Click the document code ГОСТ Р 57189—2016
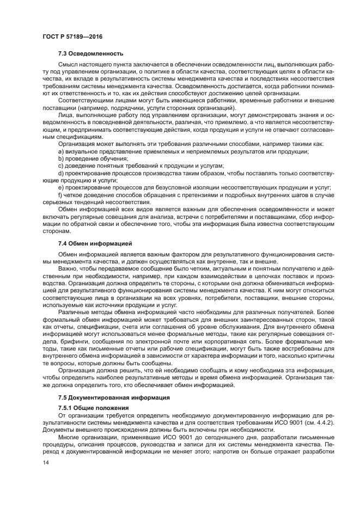point(72,36)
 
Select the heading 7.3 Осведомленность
point(90,53)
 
